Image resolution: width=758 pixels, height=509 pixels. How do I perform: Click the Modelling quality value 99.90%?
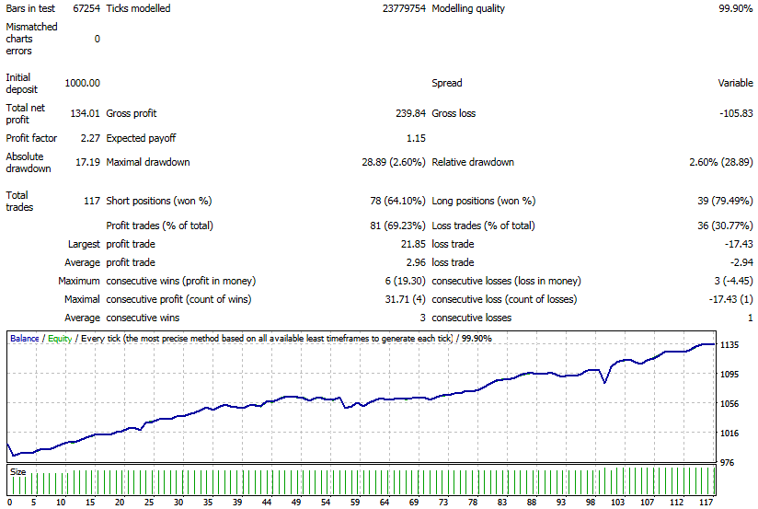pos(735,8)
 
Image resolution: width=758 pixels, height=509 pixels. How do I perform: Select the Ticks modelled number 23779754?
pos(404,8)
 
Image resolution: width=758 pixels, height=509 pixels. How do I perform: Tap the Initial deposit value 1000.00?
pos(82,83)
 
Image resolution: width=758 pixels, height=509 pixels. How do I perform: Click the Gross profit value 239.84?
pos(410,113)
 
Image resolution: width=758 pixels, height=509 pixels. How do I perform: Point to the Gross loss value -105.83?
pos(736,113)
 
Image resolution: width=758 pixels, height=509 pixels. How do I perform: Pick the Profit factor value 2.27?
pos(90,138)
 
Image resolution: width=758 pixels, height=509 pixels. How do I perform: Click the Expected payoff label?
pos(141,138)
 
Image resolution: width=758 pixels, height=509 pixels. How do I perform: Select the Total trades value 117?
pos(92,201)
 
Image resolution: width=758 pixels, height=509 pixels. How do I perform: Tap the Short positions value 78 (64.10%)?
pos(397,201)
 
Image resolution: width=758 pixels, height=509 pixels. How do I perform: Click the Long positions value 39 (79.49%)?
pos(725,201)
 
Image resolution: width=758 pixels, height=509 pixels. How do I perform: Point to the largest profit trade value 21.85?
pos(413,244)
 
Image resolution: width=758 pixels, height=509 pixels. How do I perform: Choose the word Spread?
pos(447,83)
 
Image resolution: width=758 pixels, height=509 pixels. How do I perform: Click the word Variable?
pos(735,83)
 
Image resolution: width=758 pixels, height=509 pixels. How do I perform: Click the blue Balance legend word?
pos(25,338)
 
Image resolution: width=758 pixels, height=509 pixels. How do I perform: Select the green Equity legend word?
pos(60,339)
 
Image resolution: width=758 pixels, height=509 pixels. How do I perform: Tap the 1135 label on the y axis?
pos(729,345)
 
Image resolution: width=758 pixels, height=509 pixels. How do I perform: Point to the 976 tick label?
pos(727,463)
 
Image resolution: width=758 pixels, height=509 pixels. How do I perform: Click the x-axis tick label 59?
pos(355,503)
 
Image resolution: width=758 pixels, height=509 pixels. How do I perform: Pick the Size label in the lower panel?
pos(17,472)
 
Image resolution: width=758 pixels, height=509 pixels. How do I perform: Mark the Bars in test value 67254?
pos(86,8)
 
